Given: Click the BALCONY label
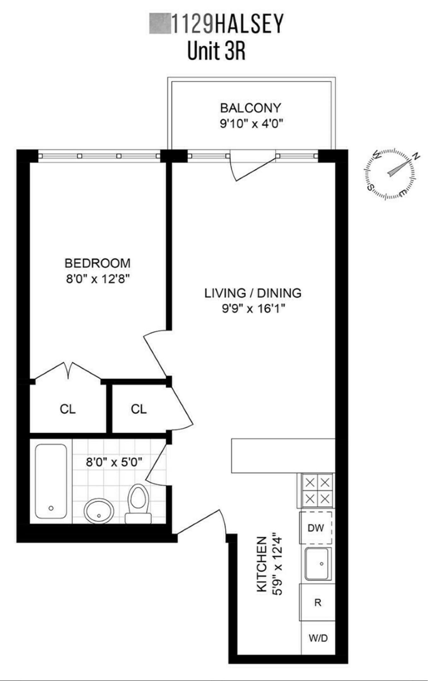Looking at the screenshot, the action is (x=250, y=108).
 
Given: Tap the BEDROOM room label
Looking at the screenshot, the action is (x=97, y=263).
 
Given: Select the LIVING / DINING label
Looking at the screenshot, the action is (x=253, y=293).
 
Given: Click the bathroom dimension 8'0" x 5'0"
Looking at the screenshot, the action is (x=114, y=462).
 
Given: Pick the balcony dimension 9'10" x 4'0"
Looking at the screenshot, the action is (x=251, y=124).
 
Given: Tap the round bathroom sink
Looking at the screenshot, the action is (x=99, y=511).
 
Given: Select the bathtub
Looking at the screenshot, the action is (x=51, y=481).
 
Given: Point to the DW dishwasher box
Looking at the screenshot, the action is (x=316, y=528).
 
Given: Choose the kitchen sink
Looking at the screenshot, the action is (x=318, y=564).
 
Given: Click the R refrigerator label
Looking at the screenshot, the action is (x=318, y=602).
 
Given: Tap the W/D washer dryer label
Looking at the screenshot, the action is (x=318, y=638).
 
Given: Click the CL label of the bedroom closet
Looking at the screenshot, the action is (x=68, y=409).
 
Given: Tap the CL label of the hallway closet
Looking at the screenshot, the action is (x=139, y=409).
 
